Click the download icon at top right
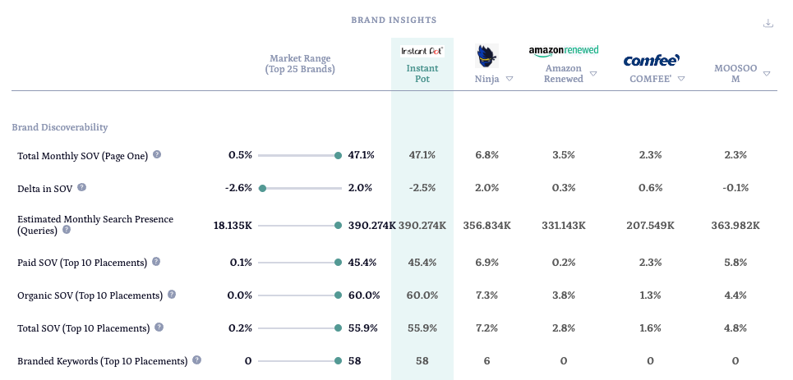tap(768, 23)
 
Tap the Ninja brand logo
tap(486, 56)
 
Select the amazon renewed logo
tap(563, 51)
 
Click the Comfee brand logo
tap(651, 60)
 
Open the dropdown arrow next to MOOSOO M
tap(766, 74)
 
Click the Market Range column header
tap(300, 64)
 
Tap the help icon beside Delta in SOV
tap(81, 187)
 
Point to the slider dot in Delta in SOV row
tap(262, 188)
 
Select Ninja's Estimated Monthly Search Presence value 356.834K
tap(486, 225)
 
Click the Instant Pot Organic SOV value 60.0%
tap(422, 295)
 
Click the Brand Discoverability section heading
tap(60, 127)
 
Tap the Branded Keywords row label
tap(102, 360)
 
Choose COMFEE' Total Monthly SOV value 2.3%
tap(650, 155)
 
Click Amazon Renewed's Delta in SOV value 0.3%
tap(563, 188)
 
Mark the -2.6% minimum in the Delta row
tap(238, 188)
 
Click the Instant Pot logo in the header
tap(422, 51)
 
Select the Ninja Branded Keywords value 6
tap(486, 360)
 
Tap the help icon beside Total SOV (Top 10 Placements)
tap(159, 327)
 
